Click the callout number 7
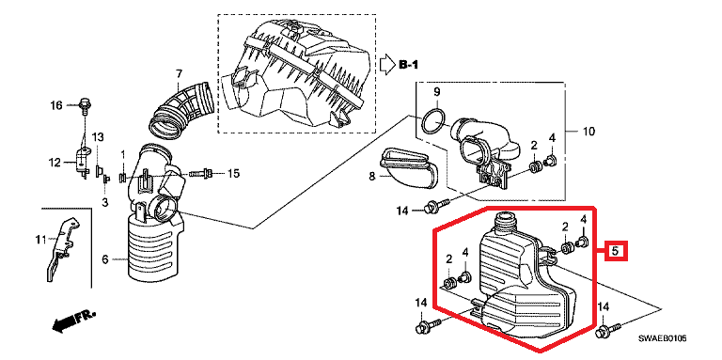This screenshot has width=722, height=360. click(x=179, y=73)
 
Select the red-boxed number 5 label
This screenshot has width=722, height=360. click(x=615, y=251)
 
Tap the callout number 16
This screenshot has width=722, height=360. click(x=55, y=106)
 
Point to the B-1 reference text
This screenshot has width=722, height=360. click(x=408, y=65)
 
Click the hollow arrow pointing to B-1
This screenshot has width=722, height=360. click(x=387, y=65)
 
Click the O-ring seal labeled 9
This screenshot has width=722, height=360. click(x=433, y=121)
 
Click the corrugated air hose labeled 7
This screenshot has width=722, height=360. click(x=180, y=110)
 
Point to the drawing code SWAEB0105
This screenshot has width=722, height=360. click(x=662, y=338)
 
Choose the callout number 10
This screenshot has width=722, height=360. click(x=588, y=132)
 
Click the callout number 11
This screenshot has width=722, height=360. click(x=41, y=240)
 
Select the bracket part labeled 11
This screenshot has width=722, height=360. click(x=61, y=248)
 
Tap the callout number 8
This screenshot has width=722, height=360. click(x=372, y=176)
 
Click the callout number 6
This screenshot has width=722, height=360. click(x=104, y=260)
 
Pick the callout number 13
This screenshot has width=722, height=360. click(x=98, y=137)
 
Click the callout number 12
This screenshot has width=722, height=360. click(x=55, y=162)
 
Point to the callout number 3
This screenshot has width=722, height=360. click(x=105, y=202)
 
